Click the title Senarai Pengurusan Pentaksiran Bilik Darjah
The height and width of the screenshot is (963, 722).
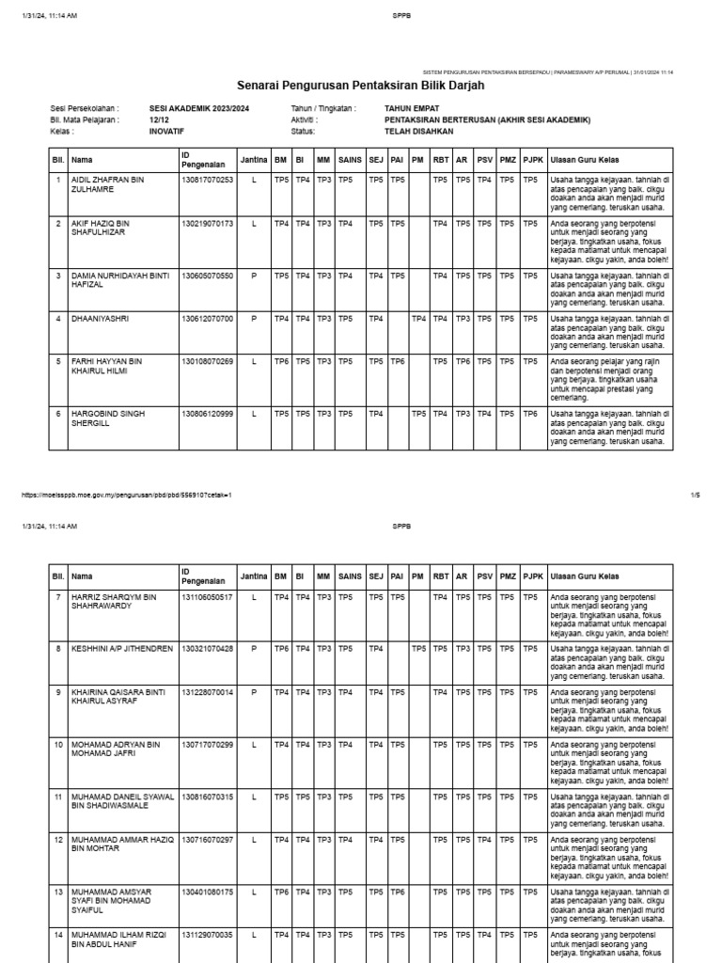pyautogui.click(x=361, y=86)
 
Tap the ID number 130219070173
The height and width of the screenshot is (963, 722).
pyautogui.click(x=207, y=224)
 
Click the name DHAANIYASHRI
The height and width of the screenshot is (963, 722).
pyautogui.click(x=100, y=319)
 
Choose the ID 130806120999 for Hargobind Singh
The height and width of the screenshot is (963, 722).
pyautogui.click(x=207, y=413)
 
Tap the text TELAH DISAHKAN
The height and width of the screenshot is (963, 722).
pyautogui.click(x=418, y=132)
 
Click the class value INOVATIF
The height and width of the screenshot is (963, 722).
pyautogui.click(x=167, y=132)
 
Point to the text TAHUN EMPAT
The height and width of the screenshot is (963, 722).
pyautogui.click(x=413, y=109)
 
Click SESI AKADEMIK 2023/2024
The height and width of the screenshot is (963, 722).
pyautogui.click(x=198, y=109)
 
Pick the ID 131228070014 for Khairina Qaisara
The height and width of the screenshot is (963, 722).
pyautogui.click(x=207, y=691)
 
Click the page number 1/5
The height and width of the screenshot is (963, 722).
pyautogui.click(x=695, y=495)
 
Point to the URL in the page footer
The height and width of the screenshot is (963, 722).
pyautogui.click(x=125, y=495)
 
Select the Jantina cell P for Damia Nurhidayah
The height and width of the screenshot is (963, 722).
pyautogui.click(x=253, y=276)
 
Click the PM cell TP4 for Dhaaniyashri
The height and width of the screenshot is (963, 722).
pyautogui.click(x=418, y=319)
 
